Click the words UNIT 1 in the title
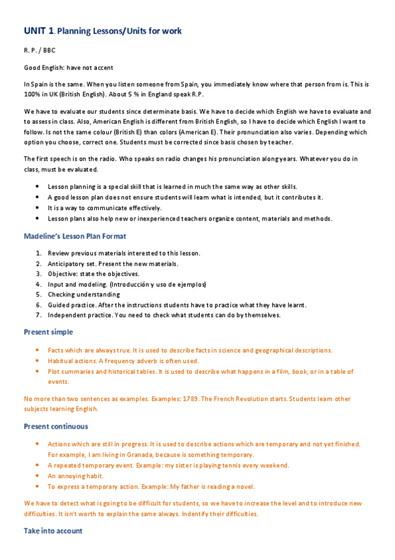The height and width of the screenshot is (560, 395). coord(38,31)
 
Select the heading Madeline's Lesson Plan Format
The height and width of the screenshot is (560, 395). coord(75,236)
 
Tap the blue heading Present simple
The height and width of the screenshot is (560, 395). coord(48,332)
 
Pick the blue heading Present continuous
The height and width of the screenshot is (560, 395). coord(55,426)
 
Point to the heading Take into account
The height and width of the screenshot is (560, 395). coord(53,531)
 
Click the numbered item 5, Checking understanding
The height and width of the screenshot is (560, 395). coord(84,294)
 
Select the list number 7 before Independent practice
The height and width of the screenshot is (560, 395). coord(39,315)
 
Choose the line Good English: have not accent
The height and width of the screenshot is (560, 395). coord(69,67)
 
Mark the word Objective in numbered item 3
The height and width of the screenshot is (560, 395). coord(63,273)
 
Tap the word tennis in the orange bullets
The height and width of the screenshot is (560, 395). coord(228,466)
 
